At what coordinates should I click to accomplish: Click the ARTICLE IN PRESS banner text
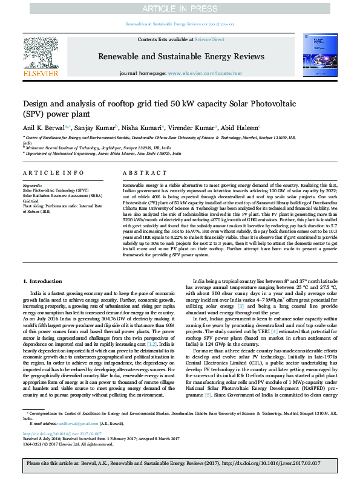click(x=180, y=8)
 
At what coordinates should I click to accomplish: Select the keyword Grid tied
click(x=30, y=200)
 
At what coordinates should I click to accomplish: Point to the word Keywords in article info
click(x=32, y=185)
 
